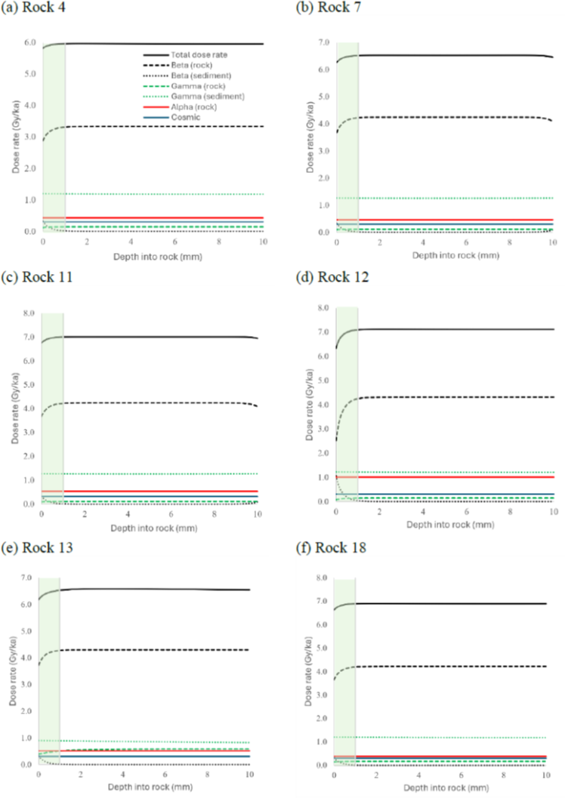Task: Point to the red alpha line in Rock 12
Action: [x=453, y=476]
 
